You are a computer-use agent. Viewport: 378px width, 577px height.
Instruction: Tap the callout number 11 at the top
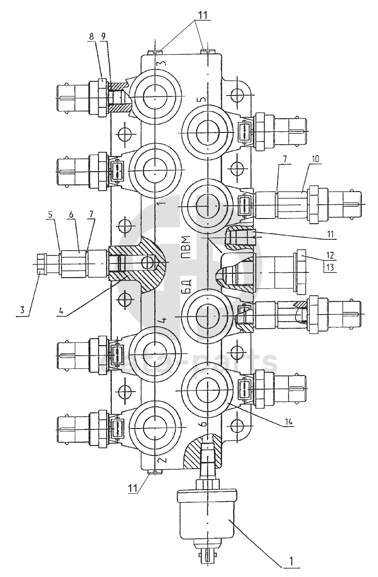click(203, 14)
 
